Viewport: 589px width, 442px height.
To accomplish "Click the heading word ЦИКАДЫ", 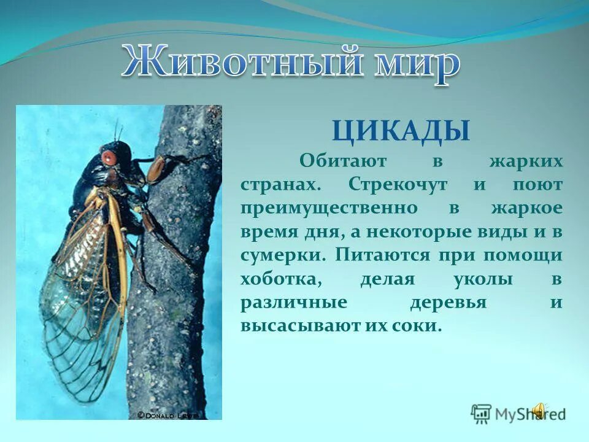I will point(401,131).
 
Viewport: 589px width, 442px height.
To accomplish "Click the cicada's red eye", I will point(109,157).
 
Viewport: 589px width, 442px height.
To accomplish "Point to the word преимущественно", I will point(328,209).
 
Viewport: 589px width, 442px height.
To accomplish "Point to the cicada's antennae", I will point(117,131).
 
